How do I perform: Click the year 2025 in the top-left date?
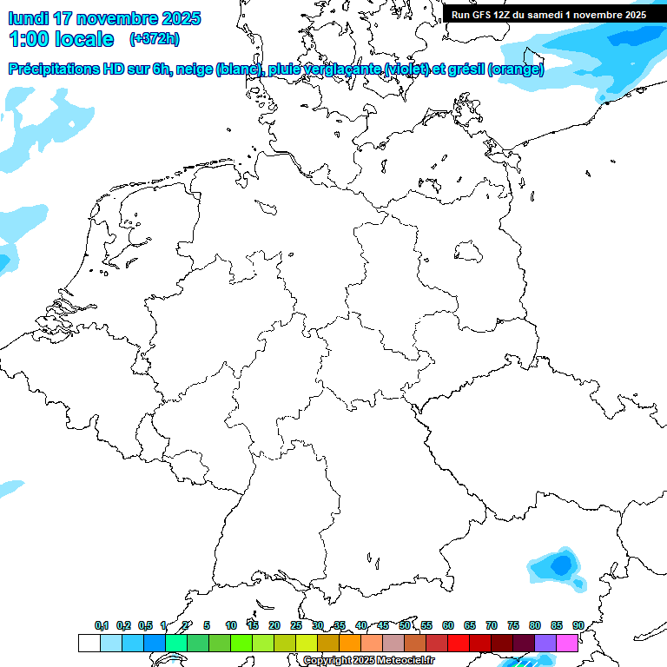click(179, 18)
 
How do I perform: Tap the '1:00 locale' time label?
click(61, 39)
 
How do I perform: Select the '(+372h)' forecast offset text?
click(154, 39)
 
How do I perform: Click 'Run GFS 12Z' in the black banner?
click(482, 15)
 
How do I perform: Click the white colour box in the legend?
click(89, 643)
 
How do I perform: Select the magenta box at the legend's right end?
click(567, 643)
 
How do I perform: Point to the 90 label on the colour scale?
click(578, 625)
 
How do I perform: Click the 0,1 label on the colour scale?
click(101, 625)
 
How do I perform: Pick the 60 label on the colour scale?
click(447, 625)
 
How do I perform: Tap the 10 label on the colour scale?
click(230, 625)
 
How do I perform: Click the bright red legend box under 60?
click(459, 643)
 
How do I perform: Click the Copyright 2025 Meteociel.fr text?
click(368, 661)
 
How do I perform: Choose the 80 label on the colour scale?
click(534, 625)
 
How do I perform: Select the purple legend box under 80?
click(545, 643)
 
